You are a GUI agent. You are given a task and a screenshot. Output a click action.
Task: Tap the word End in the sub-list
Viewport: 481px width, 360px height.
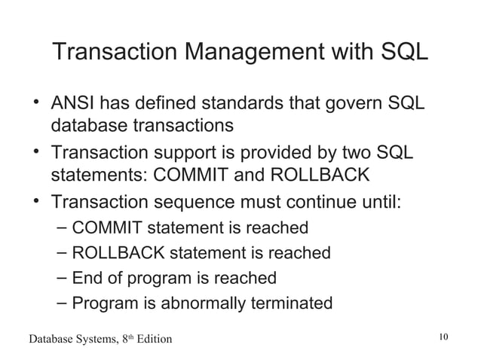click(x=87, y=278)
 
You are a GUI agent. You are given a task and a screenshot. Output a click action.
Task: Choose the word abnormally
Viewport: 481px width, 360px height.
click(x=199, y=304)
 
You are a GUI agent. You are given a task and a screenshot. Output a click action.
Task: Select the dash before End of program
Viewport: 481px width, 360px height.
click(x=63, y=278)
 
